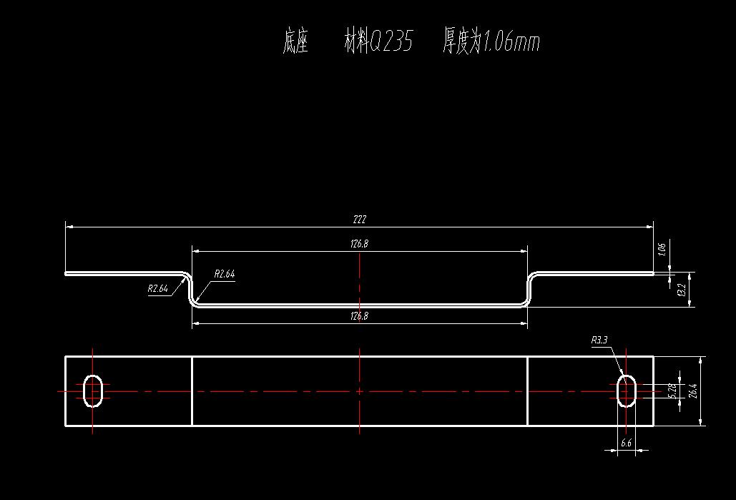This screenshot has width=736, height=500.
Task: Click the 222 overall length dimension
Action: pyautogui.click(x=359, y=220)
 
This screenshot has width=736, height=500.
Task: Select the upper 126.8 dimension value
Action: pyautogui.click(x=359, y=244)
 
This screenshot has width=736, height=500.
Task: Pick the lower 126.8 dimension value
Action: pyautogui.click(x=359, y=315)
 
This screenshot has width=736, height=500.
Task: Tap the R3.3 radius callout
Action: pyautogui.click(x=599, y=341)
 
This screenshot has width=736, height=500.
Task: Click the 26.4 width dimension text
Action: pyautogui.click(x=692, y=391)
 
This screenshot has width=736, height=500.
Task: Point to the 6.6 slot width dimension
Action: pyautogui.click(x=626, y=443)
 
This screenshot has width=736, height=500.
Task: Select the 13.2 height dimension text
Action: pyautogui.click(x=682, y=290)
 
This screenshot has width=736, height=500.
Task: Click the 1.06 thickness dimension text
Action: pyautogui.click(x=662, y=249)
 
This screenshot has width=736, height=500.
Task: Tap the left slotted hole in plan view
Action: pyautogui.click(x=93, y=391)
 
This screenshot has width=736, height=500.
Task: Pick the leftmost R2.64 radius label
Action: pyautogui.click(x=158, y=289)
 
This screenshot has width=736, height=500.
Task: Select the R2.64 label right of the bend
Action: pyautogui.click(x=225, y=274)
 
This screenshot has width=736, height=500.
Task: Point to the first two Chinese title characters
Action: pyautogui.click(x=295, y=42)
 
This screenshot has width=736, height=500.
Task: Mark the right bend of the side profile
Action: pyautogui.click(x=530, y=288)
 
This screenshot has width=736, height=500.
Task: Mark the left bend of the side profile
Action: pyautogui.click(x=190, y=288)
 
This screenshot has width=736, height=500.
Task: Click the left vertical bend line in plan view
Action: pyautogui.click(x=192, y=391)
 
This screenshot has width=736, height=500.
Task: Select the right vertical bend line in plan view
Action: pyautogui.click(x=527, y=391)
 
